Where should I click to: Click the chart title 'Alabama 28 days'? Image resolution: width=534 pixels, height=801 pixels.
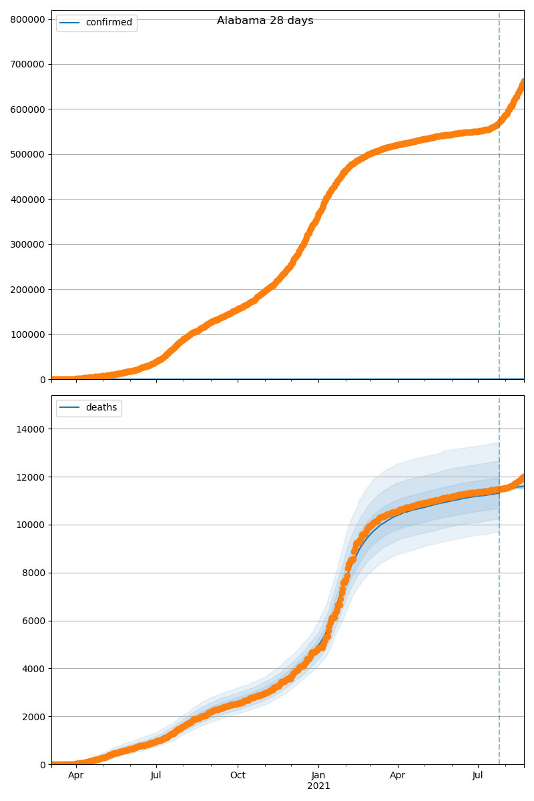(x=265, y=21)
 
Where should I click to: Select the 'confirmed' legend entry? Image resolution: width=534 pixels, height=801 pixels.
(x=109, y=23)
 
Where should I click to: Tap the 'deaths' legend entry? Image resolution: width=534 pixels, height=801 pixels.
(x=101, y=408)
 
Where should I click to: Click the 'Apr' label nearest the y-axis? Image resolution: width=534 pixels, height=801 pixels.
(x=76, y=776)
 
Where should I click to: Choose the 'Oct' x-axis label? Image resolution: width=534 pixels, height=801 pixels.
(x=238, y=776)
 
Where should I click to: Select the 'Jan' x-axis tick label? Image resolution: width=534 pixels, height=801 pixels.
(x=318, y=776)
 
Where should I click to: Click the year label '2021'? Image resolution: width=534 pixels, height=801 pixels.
(x=318, y=786)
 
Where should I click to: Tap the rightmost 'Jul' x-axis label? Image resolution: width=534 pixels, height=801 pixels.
(x=478, y=776)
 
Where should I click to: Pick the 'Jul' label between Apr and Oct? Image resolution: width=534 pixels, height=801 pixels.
(x=156, y=776)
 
